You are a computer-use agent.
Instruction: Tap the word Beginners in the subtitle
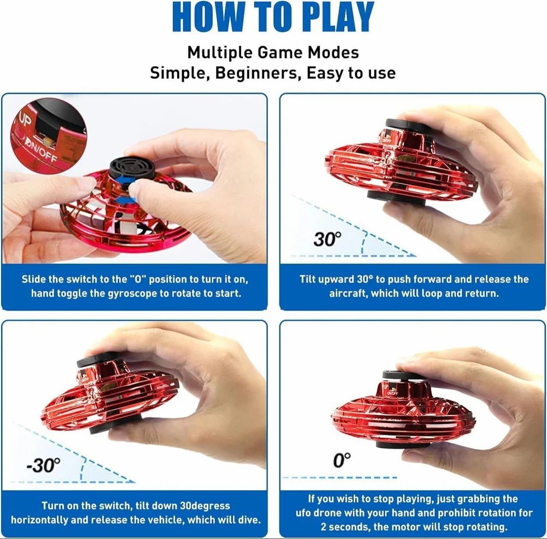tap(257, 73)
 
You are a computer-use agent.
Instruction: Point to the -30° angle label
tap(43, 465)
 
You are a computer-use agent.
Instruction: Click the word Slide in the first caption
tap(34, 279)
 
